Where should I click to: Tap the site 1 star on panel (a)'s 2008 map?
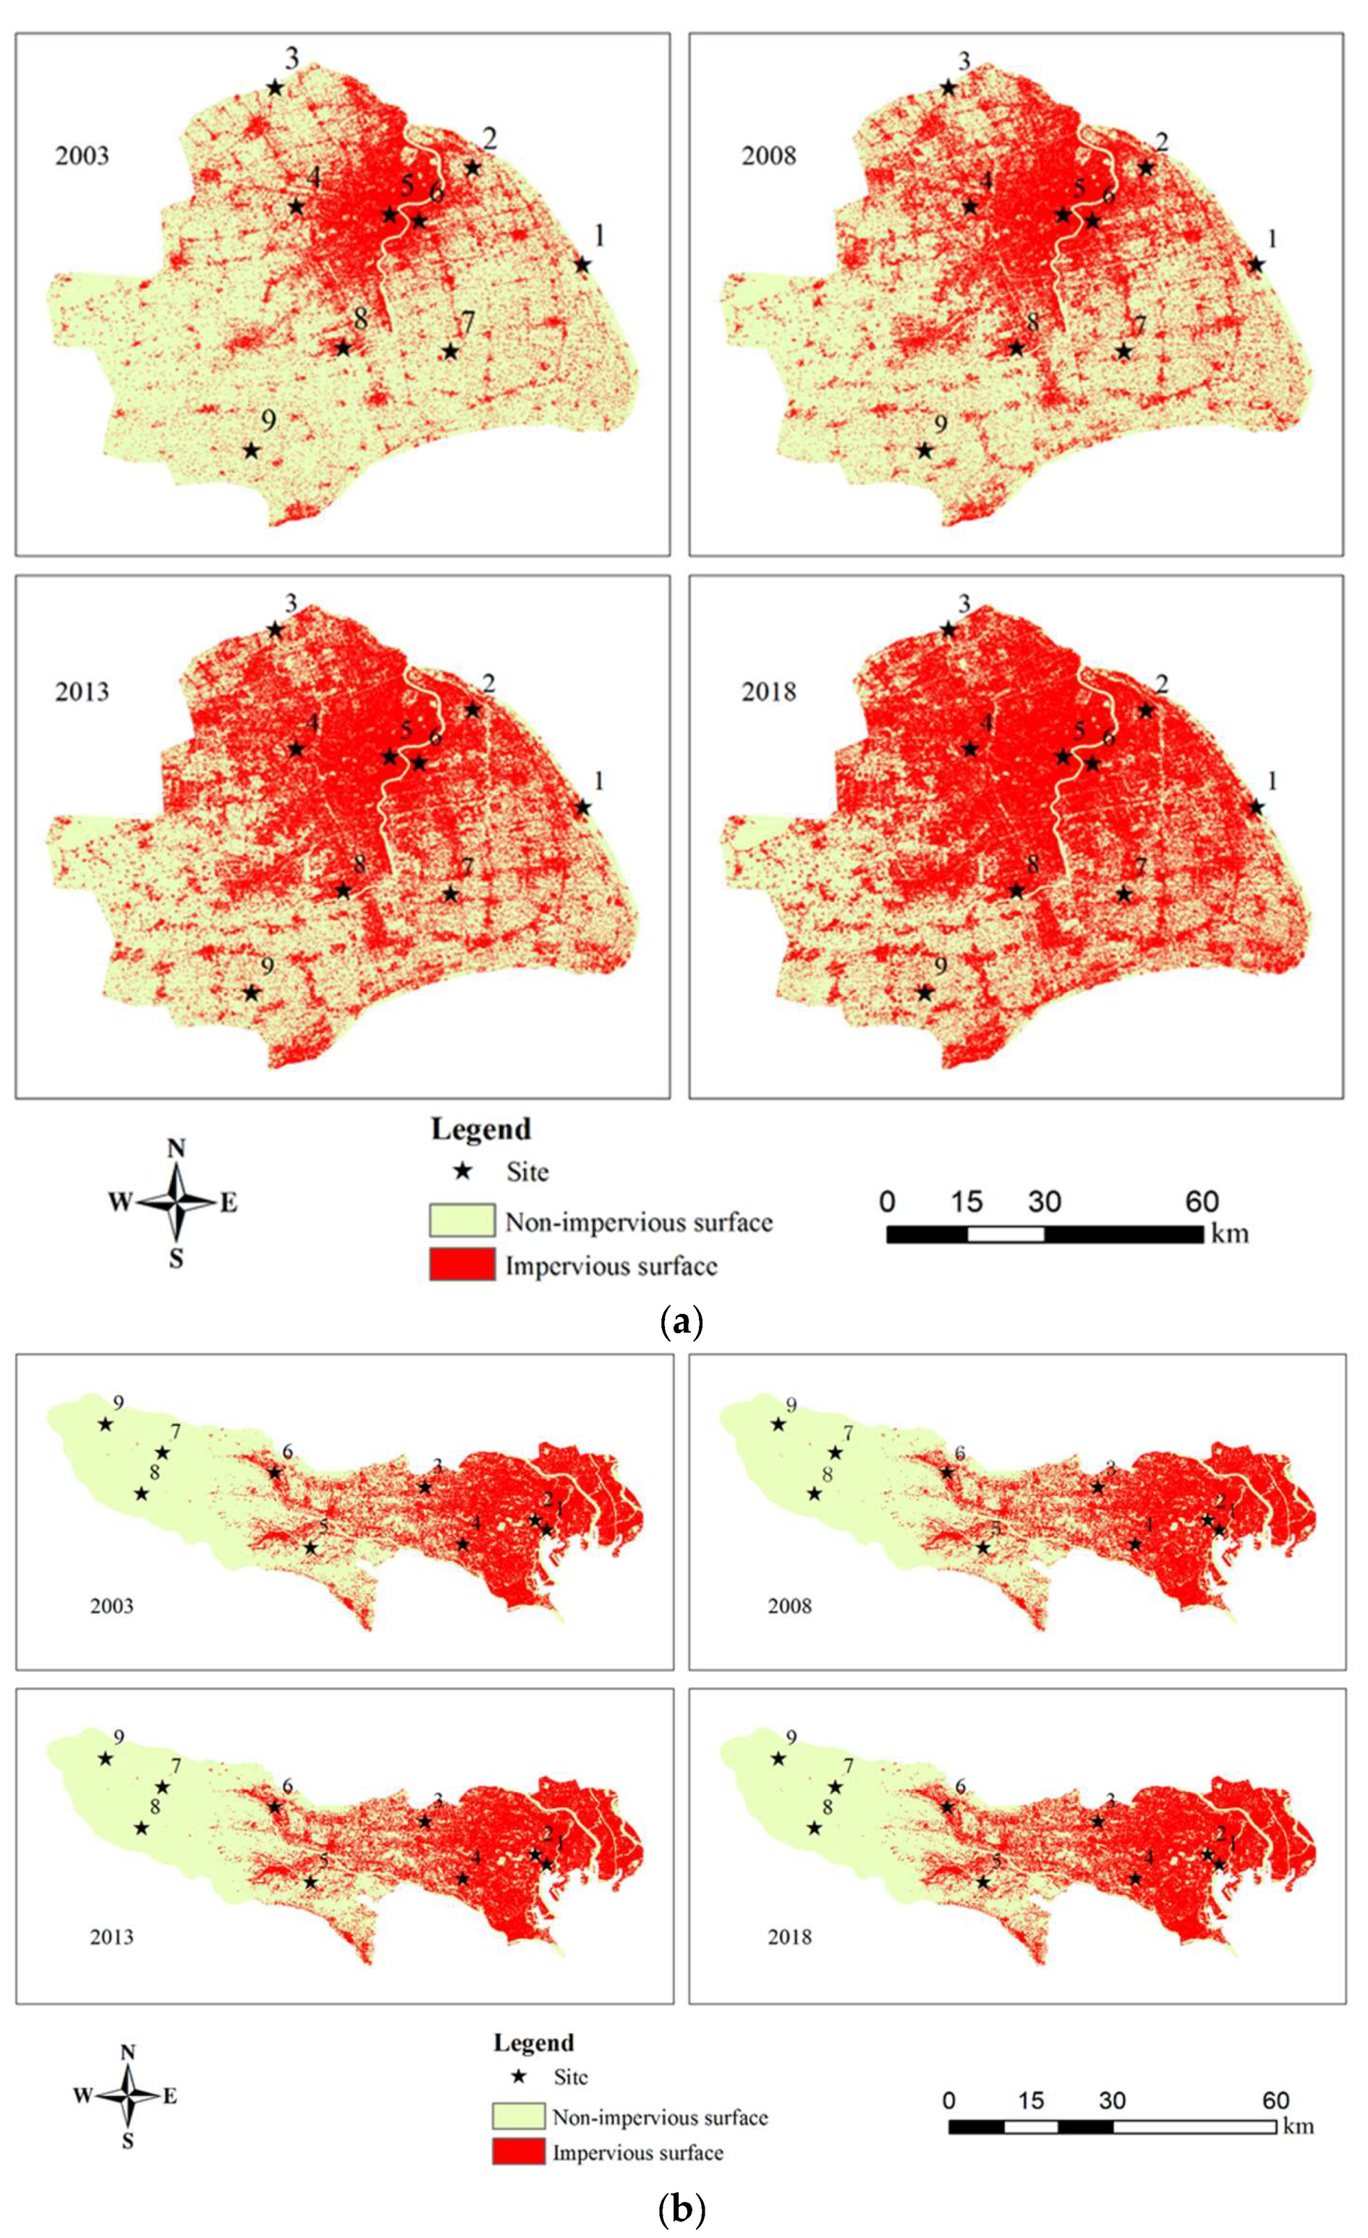(x=1255, y=265)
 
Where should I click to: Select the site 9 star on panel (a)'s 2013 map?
(x=252, y=993)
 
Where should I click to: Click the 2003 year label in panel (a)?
(x=82, y=156)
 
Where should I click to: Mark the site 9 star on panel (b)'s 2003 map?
(x=106, y=1423)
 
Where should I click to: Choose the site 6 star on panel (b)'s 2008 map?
(x=948, y=1472)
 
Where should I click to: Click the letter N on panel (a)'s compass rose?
(x=176, y=1149)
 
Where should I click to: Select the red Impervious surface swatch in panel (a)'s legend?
(x=462, y=1264)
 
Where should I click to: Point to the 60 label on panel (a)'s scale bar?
(x=1201, y=1202)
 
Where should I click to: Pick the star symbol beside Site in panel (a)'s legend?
(x=463, y=1171)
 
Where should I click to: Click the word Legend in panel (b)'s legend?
(x=534, y=2042)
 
